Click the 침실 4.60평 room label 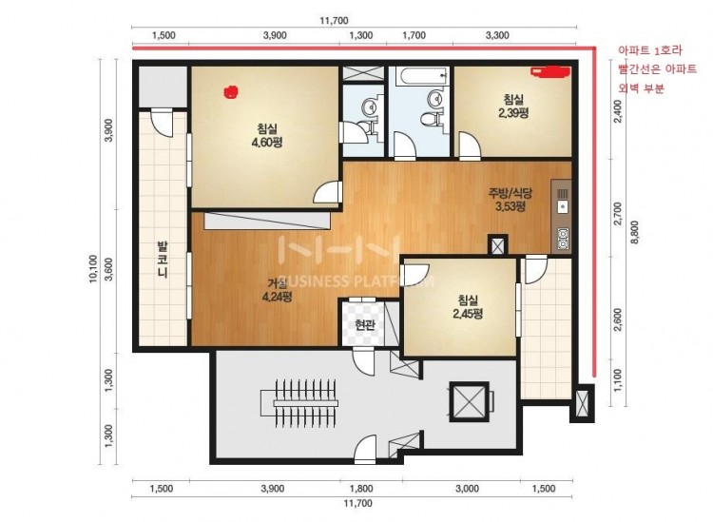[x=267, y=136]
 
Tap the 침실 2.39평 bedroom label [x=513, y=106]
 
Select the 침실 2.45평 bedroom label [x=468, y=306]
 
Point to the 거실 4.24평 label [x=277, y=290]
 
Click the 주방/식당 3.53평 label [x=511, y=200]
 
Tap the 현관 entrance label [x=364, y=324]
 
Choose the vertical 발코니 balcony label [x=163, y=260]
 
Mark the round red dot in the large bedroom [x=231, y=92]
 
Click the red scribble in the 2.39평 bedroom [x=550, y=72]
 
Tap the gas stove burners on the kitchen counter [x=563, y=240]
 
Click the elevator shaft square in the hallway [x=469, y=402]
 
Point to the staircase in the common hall [x=299, y=403]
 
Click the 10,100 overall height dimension [x=93, y=268]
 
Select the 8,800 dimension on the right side [x=635, y=232]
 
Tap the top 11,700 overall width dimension [x=334, y=21]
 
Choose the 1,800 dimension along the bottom [x=361, y=489]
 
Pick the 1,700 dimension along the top [x=414, y=35]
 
